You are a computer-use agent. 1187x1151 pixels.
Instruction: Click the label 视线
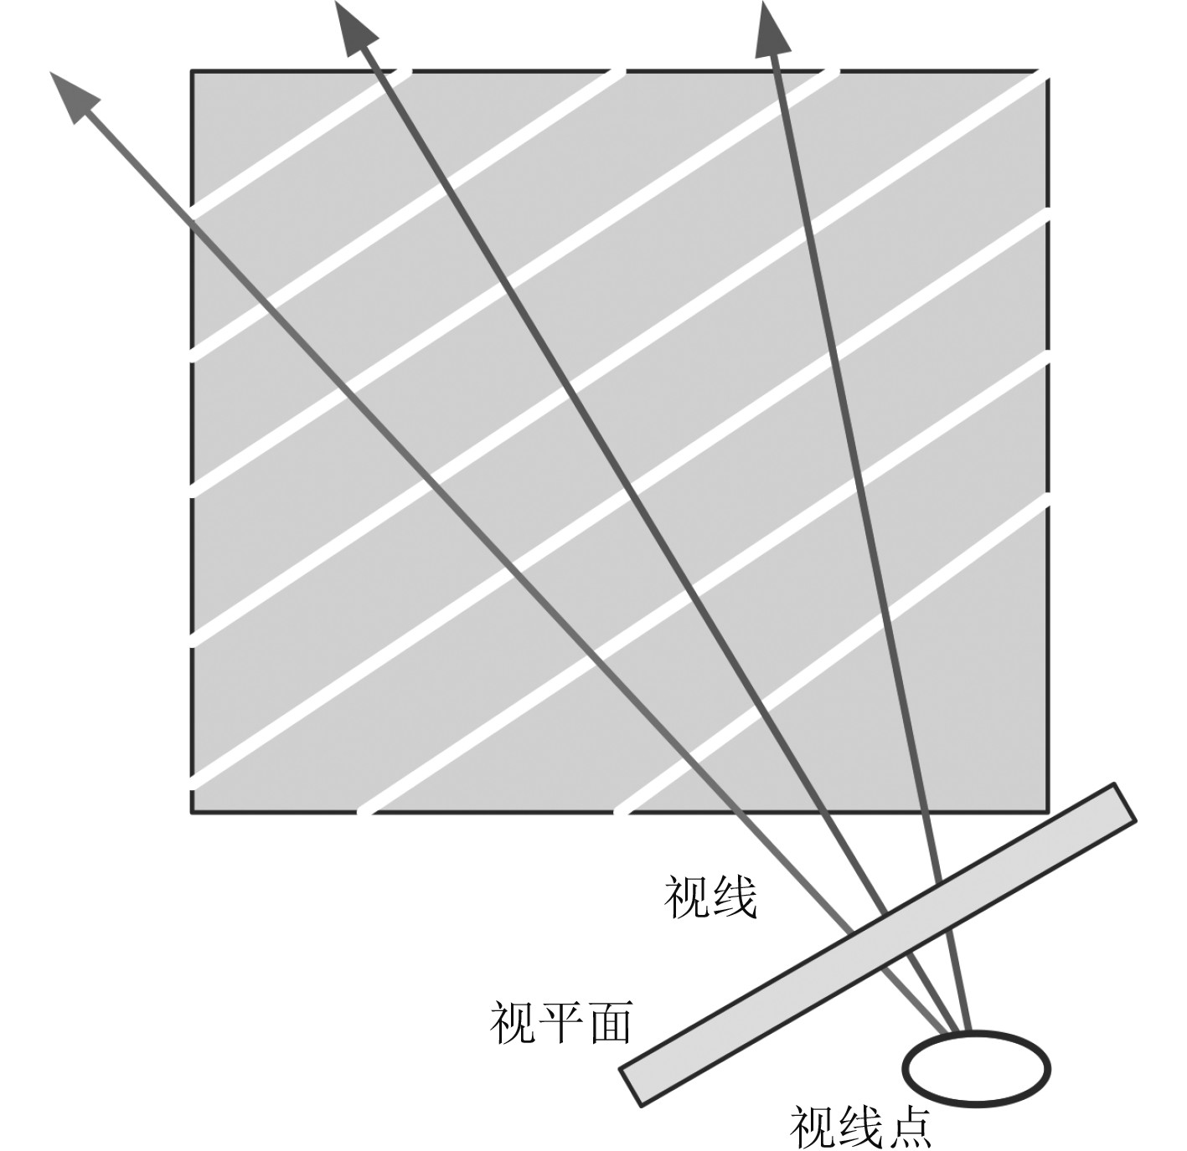click(x=710, y=899)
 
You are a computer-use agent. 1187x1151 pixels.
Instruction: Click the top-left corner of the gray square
click(x=193, y=72)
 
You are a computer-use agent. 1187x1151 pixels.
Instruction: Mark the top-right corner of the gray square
click(x=1047, y=72)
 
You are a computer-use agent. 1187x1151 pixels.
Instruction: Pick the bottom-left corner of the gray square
click(x=193, y=811)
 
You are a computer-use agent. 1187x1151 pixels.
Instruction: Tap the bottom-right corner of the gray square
click(x=1047, y=811)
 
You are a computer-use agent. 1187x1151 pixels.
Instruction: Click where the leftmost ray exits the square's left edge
click(x=193, y=219)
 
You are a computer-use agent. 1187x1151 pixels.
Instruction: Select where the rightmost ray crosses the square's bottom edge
click(x=921, y=811)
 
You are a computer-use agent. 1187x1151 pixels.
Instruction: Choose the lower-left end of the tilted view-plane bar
click(x=631, y=1087)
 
